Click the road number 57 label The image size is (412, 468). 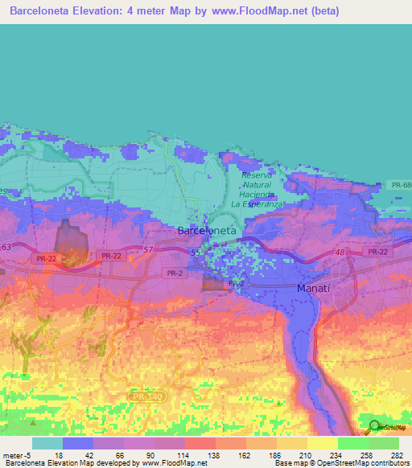click(x=147, y=251)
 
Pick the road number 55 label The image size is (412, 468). click(x=195, y=252)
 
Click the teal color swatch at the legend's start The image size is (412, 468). click(x=47, y=443)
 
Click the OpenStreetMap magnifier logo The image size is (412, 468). click(x=375, y=427)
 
